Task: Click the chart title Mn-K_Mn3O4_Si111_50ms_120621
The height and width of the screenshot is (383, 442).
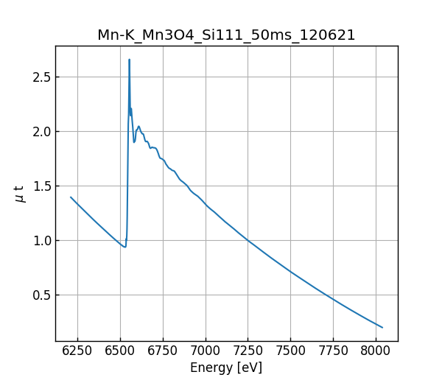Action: click(x=226, y=35)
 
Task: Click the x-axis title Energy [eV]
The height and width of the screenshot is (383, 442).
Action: click(x=226, y=368)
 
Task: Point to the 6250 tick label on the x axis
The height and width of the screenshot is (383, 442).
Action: click(x=77, y=351)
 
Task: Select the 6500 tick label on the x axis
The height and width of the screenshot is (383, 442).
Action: click(x=120, y=351)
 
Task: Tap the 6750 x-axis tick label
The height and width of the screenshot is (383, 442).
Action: click(x=162, y=351)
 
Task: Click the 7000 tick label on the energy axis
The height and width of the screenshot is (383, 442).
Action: click(x=206, y=351)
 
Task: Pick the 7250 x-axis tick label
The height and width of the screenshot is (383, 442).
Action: click(x=248, y=351)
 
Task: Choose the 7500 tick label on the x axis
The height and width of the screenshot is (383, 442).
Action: click(x=290, y=351)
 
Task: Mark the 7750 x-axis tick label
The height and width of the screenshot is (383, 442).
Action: click(x=333, y=351)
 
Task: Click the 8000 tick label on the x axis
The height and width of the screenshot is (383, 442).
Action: click(x=376, y=351)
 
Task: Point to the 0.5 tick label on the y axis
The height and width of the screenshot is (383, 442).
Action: click(x=42, y=295)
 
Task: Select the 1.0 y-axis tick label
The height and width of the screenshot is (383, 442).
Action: click(x=42, y=241)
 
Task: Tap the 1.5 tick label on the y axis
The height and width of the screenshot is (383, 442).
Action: click(x=42, y=186)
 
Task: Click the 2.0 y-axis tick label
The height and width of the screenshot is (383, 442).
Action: click(x=42, y=132)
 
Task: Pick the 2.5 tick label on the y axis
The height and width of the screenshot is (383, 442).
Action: click(x=42, y=77)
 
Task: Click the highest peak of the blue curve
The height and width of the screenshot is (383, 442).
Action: click(x=129, y=60)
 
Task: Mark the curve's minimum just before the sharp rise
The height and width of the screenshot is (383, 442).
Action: click(x=124, y=247)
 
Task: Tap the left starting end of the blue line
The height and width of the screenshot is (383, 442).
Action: click(x=71, y=197)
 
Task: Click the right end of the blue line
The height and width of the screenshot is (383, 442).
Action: click(x=382, y=328)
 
